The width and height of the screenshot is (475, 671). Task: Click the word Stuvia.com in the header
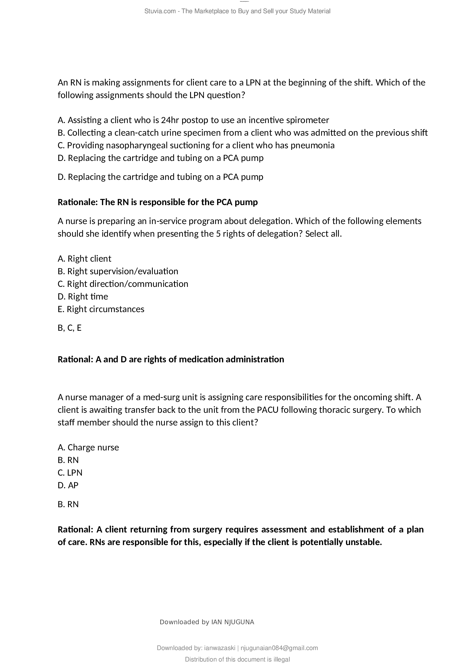(160, 11)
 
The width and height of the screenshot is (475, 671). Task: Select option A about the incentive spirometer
(193, 120)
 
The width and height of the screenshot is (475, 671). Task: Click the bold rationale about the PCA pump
(157, 202)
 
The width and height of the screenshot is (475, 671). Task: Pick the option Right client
(84, 259)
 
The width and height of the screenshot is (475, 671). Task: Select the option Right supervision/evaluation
(117, 271)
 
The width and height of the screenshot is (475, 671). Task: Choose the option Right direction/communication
(123, 284)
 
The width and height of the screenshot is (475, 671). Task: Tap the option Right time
(83, 296)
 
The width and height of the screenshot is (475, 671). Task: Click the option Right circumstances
(101, 309)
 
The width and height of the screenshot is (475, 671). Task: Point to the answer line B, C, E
(69, 328)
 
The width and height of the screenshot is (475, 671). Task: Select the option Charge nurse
(88, 448)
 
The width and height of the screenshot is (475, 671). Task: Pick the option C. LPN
(70, 472)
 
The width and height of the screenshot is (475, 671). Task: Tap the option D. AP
(68, 485)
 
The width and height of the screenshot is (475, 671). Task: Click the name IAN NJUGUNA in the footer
(233, 622)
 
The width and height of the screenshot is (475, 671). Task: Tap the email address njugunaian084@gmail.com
(279, 648)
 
